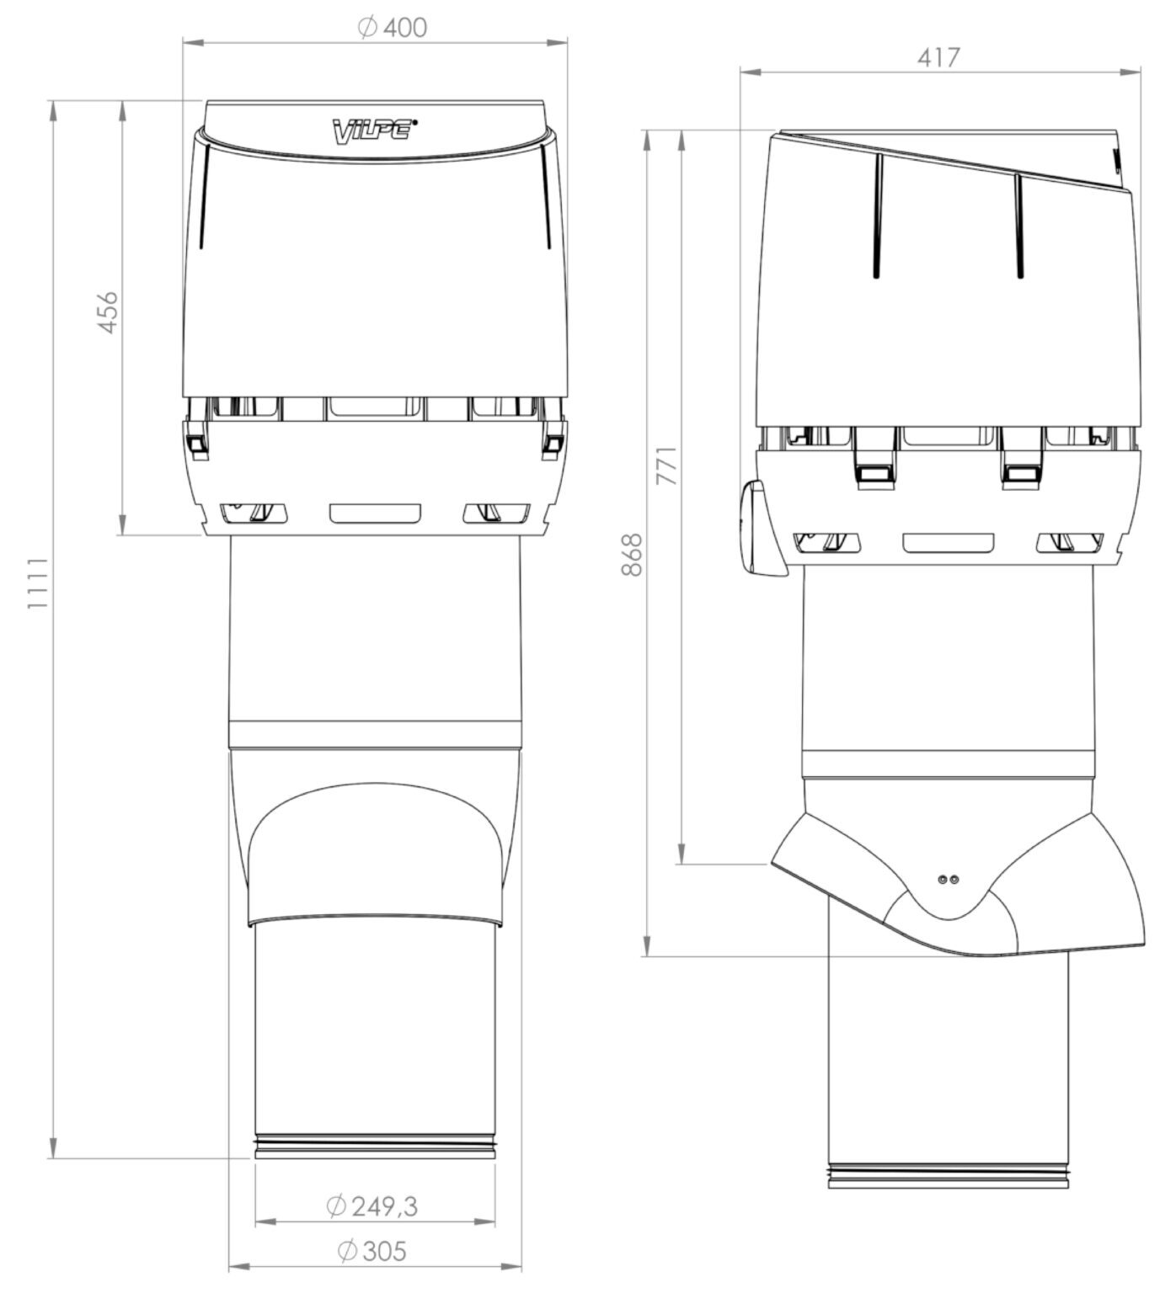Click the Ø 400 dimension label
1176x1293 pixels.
[x=392, y=27]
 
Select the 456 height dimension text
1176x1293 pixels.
[x=109, y=312]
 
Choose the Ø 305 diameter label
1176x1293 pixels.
[x=372, y=1274]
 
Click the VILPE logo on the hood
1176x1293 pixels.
[x=374, y=130]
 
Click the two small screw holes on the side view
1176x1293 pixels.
[x=949, y=878]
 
